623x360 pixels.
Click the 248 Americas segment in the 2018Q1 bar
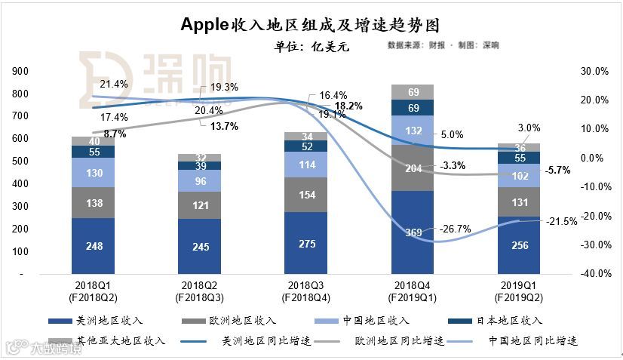tap(94, 245)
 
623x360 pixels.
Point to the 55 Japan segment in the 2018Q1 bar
tap(94, 152)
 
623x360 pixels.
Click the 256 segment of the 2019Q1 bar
tap(518, 245)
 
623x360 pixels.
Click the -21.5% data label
tap(561, 221)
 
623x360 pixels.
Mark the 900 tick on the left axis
tap(22, 72)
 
